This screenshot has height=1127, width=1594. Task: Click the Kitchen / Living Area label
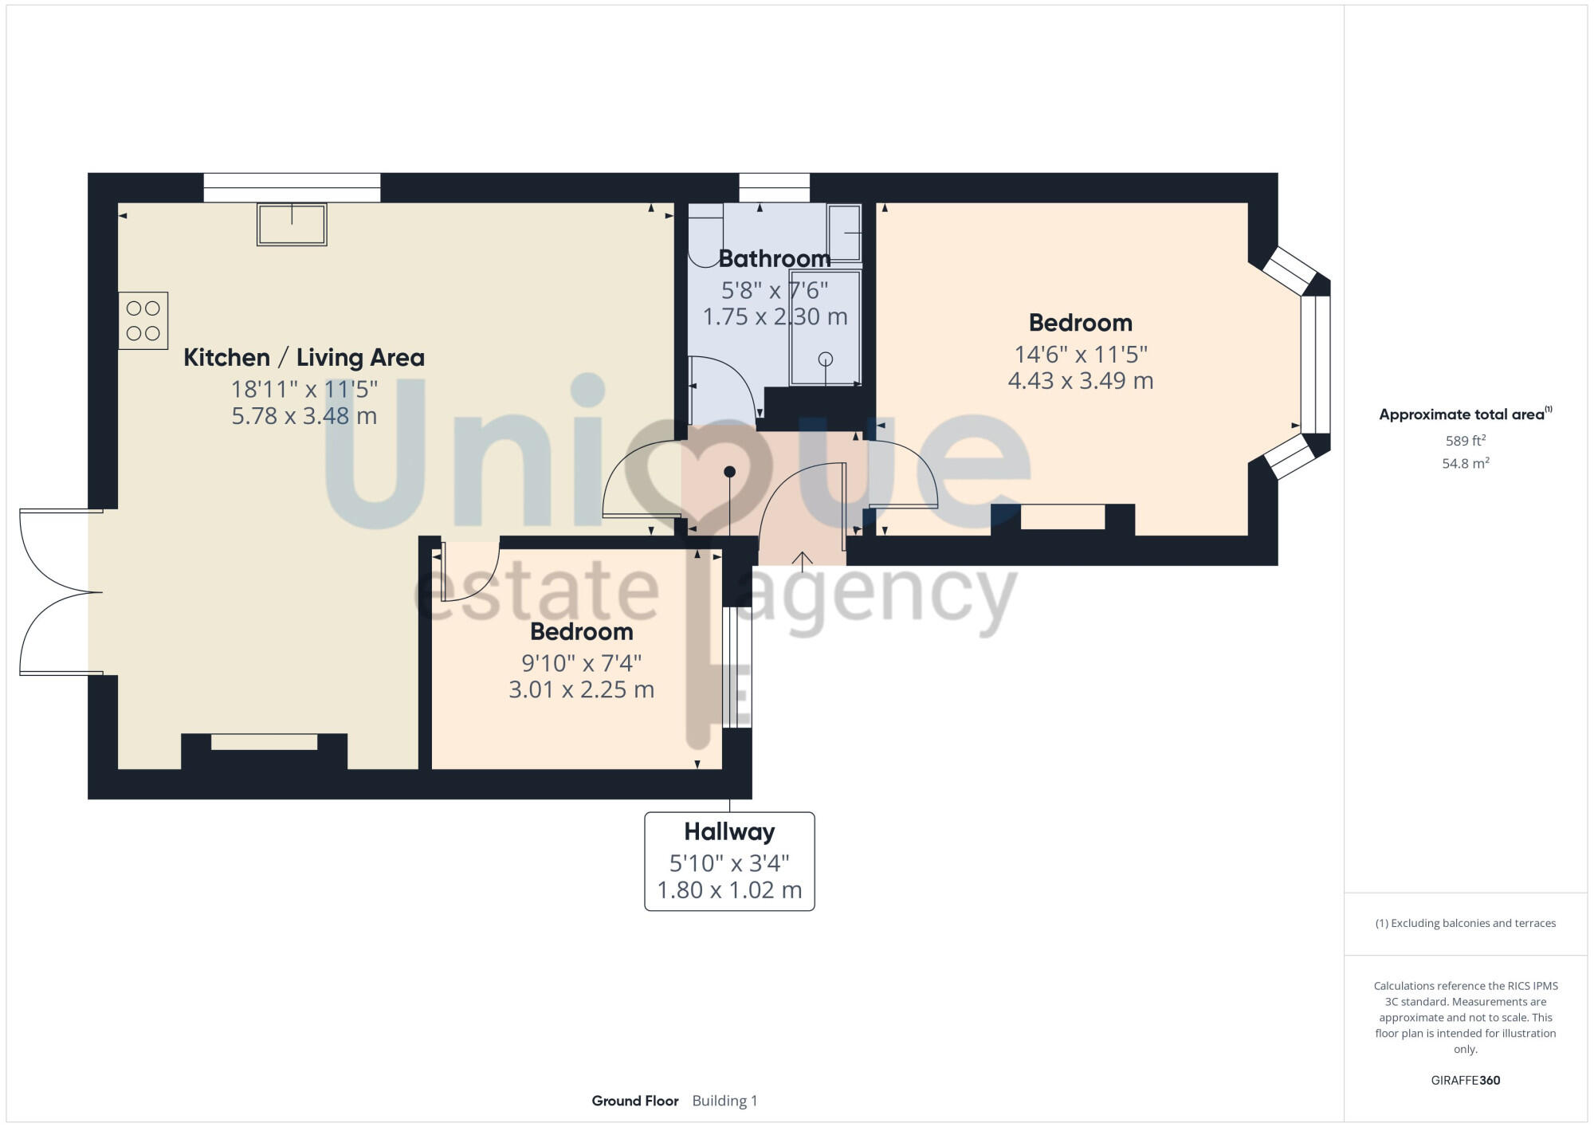(304, 357)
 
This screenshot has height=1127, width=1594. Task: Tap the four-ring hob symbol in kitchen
(143, 320)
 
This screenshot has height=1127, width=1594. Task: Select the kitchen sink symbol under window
(292, 224)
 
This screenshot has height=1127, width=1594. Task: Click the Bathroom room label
(774, 258)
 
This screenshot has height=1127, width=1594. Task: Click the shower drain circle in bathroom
(826, 359)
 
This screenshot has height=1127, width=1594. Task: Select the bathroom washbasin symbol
(844, 232)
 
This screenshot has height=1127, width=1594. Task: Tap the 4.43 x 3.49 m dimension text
(1080, 381)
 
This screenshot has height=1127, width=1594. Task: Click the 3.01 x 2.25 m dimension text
(581, 689)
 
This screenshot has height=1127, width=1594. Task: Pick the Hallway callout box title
(729, 831)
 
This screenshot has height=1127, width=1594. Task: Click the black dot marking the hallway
(729, 472)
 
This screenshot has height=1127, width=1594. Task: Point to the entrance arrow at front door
(802, 560)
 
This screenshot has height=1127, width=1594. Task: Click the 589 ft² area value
(1465, 441)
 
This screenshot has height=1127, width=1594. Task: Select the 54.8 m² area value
(1465, 463)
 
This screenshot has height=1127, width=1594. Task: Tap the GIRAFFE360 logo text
(1465, 1081)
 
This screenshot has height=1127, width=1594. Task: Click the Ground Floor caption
(635, 1101)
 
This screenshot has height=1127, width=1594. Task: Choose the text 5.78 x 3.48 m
(304, 416)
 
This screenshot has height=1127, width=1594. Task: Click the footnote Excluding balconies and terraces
(1465, 923)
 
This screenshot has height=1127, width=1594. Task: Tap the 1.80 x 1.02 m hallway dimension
(729, 889)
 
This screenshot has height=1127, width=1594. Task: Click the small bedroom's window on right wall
(736, 667)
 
